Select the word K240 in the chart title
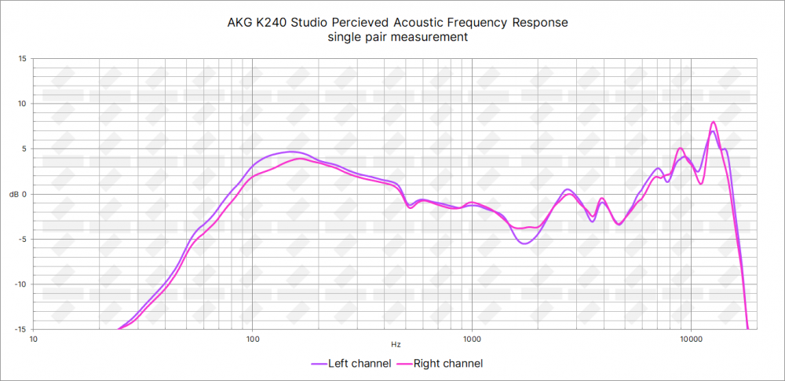[269, 22]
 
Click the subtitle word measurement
[434, 37]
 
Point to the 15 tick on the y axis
[22, 58]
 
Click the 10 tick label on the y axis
[22, 104]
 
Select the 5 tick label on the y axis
[24, 148]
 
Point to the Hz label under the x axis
[396, 344]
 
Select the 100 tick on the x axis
[253, 339]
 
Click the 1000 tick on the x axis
[471, 339]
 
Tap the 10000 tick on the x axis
[691, 339]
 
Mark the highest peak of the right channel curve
[713, 123]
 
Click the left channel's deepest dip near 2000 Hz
[524, 244]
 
